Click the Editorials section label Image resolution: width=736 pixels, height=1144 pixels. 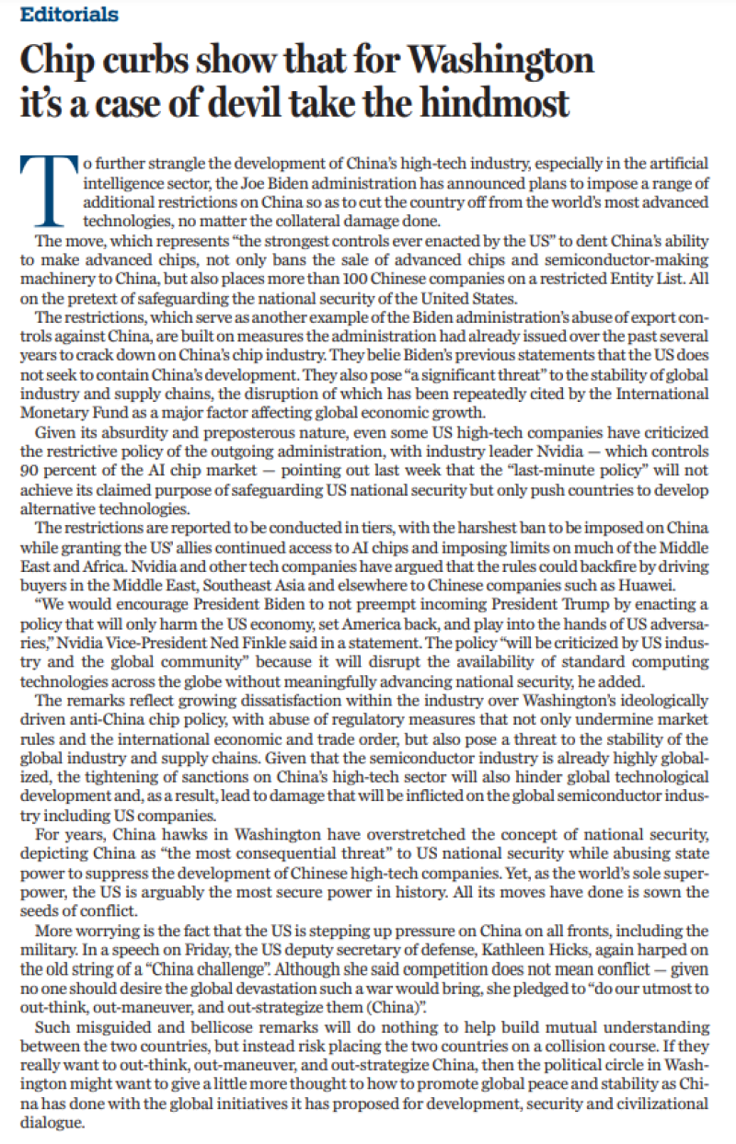tap(69, 15)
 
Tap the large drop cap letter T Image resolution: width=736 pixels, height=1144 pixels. tap(47, 189)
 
